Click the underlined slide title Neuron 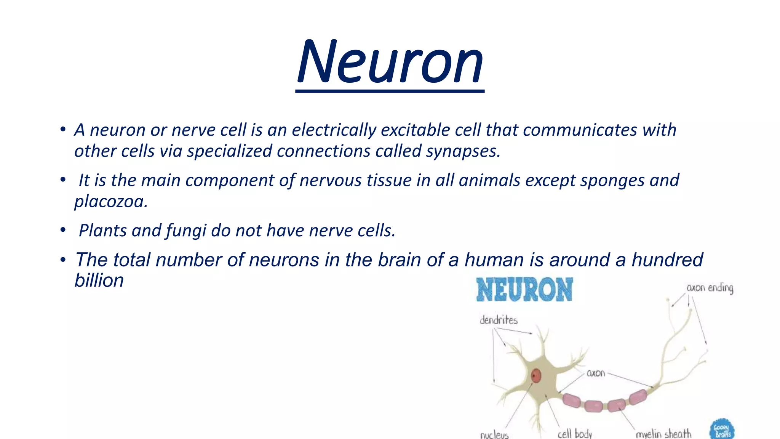click(390, 63)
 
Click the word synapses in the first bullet click(462, 151)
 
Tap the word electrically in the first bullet click(334, 130)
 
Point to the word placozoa click(110, 202)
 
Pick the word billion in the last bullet click(99, 281)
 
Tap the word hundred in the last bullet click(667, 260)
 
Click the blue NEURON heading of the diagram click(524, 290)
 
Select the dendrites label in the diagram click(499, 320)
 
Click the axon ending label click(710, 288)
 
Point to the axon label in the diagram click(596, 373)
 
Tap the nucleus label click(494, 434)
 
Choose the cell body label click(575, 434)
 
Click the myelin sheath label click(663, 434)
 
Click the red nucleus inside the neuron click(536, 376)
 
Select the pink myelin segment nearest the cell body click(572, 401)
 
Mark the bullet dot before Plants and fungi click(63, 230)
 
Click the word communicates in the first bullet click(580, 130)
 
